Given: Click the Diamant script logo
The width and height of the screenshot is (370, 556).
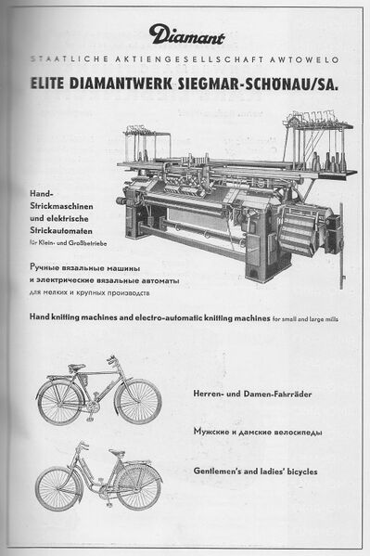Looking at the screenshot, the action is (186, 34).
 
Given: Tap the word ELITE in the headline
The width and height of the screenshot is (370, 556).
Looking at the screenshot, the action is (47, 84).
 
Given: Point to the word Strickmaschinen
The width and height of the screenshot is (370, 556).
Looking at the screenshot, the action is (61, 206).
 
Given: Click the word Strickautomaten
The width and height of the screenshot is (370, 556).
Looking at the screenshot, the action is (61, 231).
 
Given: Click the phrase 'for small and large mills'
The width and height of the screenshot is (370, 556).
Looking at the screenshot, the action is (305, 319).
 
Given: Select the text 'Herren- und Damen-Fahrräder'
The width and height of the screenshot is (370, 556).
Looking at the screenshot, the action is (252, 394).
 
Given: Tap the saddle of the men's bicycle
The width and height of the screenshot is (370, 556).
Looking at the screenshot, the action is (76, 367).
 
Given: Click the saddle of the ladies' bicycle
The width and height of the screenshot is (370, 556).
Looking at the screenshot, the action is (117, 453).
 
